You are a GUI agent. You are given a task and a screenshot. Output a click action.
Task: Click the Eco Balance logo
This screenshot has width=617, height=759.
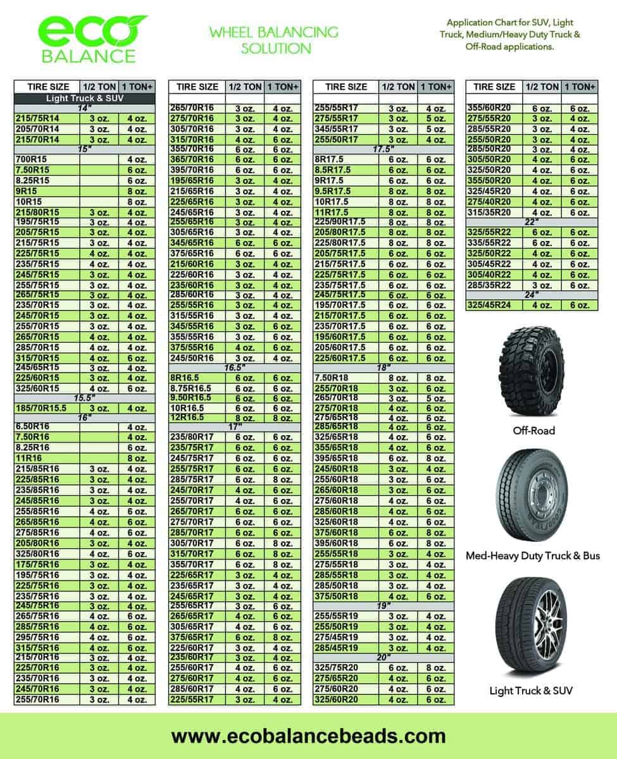point(89,39)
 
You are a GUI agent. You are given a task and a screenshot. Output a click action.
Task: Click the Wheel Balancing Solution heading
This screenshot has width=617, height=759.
point(274,39)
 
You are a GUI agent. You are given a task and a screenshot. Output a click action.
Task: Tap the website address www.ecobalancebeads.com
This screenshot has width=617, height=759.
point(308,736)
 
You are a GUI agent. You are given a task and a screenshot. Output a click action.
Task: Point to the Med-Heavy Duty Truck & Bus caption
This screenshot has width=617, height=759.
point(532,556)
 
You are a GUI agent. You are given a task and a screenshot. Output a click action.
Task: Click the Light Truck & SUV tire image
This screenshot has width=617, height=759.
point(530,626)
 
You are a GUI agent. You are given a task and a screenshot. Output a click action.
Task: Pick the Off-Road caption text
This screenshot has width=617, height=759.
point(533,431)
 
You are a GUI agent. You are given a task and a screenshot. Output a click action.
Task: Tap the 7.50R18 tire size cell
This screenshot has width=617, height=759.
point(332,378)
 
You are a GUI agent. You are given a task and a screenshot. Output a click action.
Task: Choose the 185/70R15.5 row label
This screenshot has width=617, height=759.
point(41,408)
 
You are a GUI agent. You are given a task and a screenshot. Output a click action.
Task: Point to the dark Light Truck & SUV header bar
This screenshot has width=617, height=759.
point(84,99)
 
